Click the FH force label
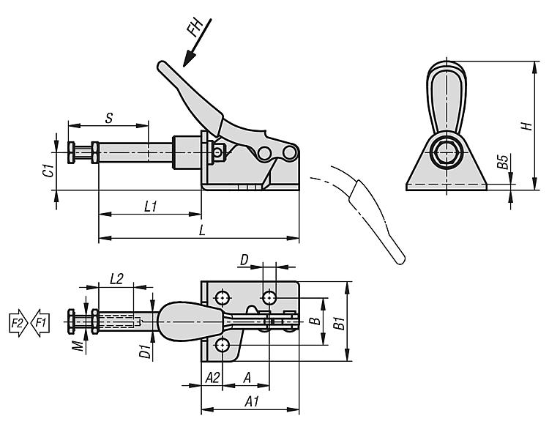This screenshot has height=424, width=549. click(195, 28)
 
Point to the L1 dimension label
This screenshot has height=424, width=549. click(151, 207)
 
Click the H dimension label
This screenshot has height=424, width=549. click(526, 126)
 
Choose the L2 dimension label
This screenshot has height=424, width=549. click(116, 278)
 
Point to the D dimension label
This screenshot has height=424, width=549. click(244, 259)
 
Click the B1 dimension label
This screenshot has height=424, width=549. click(339, 321)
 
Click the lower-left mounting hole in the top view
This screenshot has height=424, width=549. click(223, 344)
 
